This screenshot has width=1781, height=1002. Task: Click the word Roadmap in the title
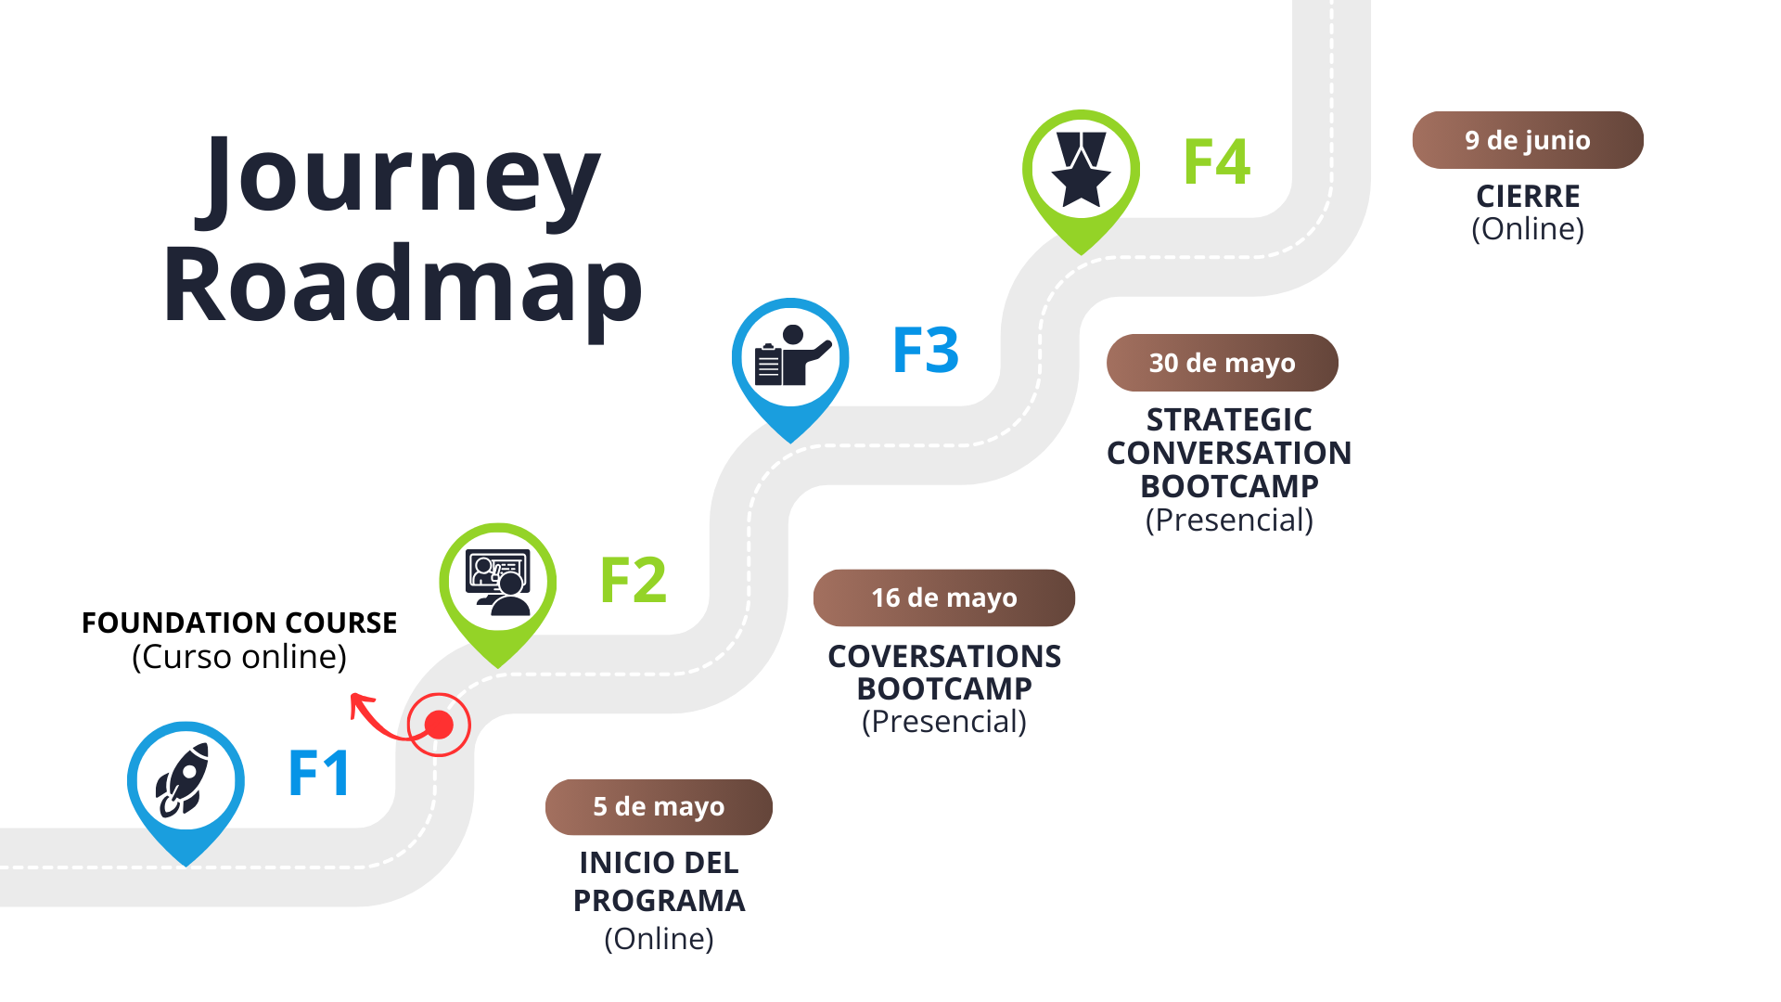(403, 286)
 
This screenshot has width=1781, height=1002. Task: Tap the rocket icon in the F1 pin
(185, 780)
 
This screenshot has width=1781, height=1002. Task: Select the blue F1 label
(319, 773)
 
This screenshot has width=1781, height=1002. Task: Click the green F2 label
(633, 581)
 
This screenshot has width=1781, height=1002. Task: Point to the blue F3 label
(925, 351)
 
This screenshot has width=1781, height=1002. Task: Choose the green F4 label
(1216, 161)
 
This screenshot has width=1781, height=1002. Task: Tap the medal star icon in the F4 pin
(1081, 169)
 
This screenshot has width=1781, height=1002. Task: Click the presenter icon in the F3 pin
(790, 356)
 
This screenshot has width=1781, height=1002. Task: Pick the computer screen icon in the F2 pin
(498, 582)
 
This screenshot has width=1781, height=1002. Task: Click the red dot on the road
(439, 725)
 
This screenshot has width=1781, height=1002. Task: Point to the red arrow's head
(356, 701)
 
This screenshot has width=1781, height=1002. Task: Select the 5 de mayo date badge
(659, 807)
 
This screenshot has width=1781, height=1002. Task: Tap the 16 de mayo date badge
(943, 598)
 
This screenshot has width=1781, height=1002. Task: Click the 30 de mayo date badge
(1222, 363)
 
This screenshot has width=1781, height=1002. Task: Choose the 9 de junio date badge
(1527, 140)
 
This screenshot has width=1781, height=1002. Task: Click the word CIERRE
(1527, 197)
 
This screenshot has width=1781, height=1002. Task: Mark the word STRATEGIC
(1228, 420)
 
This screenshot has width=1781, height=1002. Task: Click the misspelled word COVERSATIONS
(943, 657)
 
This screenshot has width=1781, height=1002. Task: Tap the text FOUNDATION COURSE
(239, 623)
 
